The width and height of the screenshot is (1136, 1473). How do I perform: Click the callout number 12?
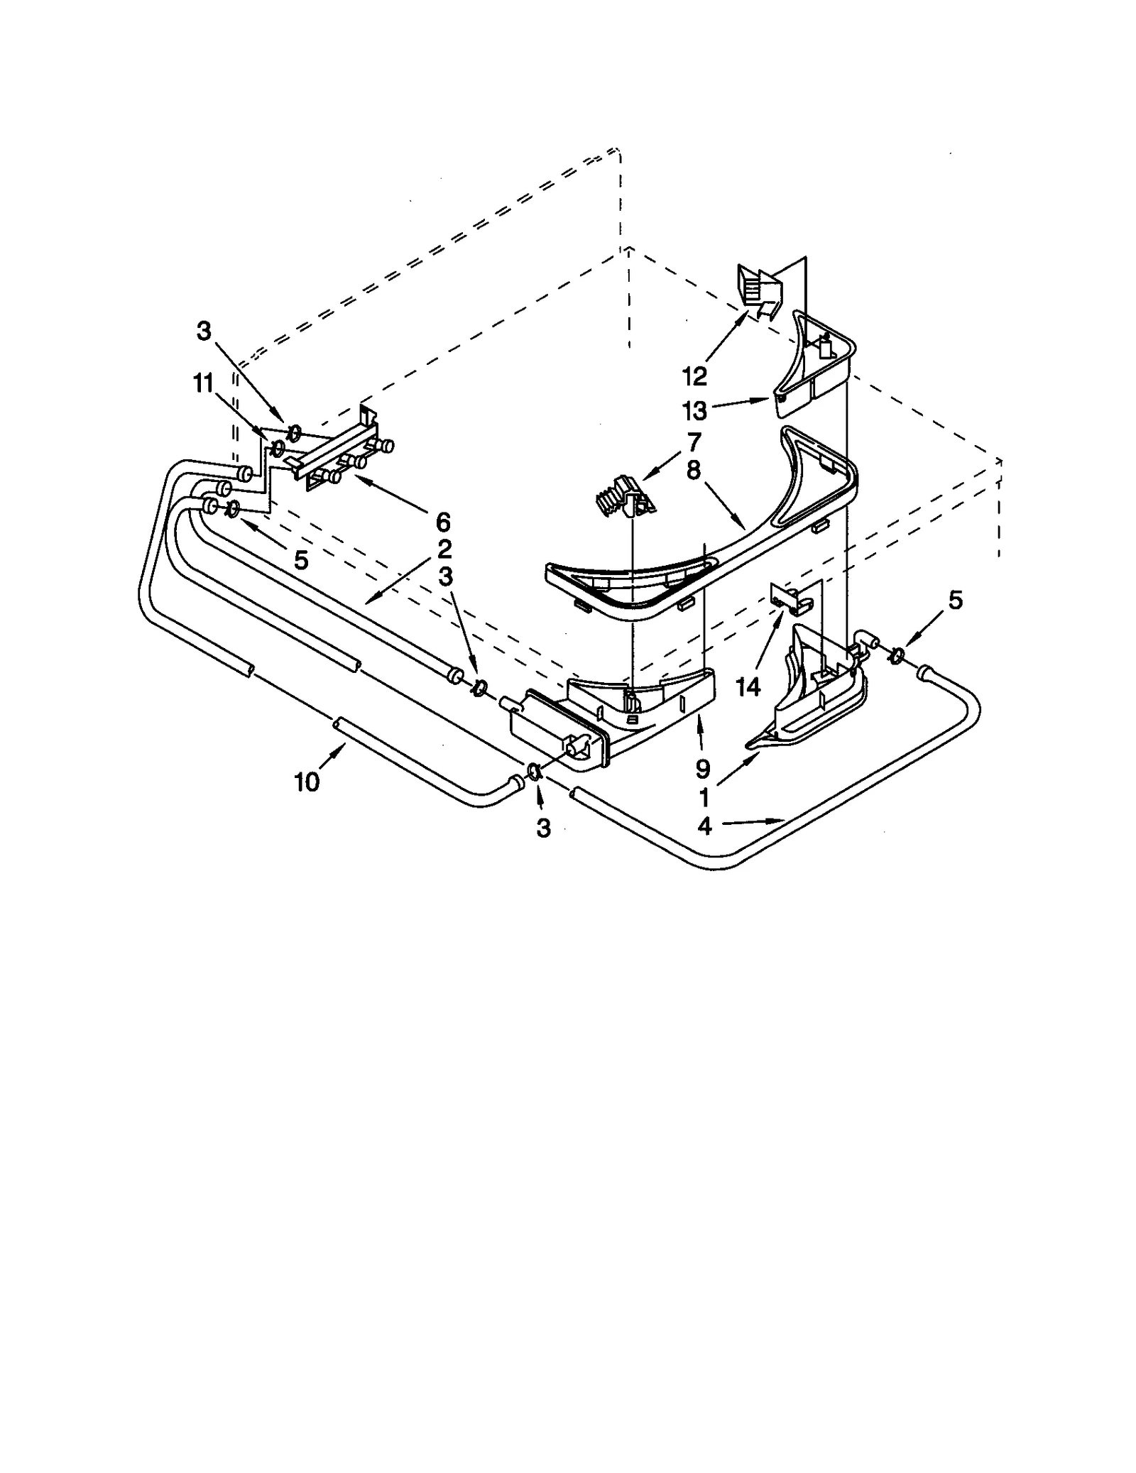coord(695,376)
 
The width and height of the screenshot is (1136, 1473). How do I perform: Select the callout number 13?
coord(695,411)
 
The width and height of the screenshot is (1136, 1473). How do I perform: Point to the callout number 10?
coord(307,782)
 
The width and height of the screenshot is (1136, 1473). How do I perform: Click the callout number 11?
coord(203,383)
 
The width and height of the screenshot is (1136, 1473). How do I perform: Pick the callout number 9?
coord(702,769)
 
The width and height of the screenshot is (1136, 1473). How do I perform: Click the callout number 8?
coord(694,469)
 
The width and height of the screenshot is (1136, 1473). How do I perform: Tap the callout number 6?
coord(442,522)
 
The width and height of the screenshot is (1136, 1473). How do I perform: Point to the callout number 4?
coord(704,826)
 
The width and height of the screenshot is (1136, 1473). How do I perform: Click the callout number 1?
coord(704,798)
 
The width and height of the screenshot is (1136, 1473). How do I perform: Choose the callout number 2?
coord(444,549)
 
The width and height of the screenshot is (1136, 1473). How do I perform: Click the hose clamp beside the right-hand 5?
coord(896,654)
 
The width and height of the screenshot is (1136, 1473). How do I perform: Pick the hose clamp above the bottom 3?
coord(536,772)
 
